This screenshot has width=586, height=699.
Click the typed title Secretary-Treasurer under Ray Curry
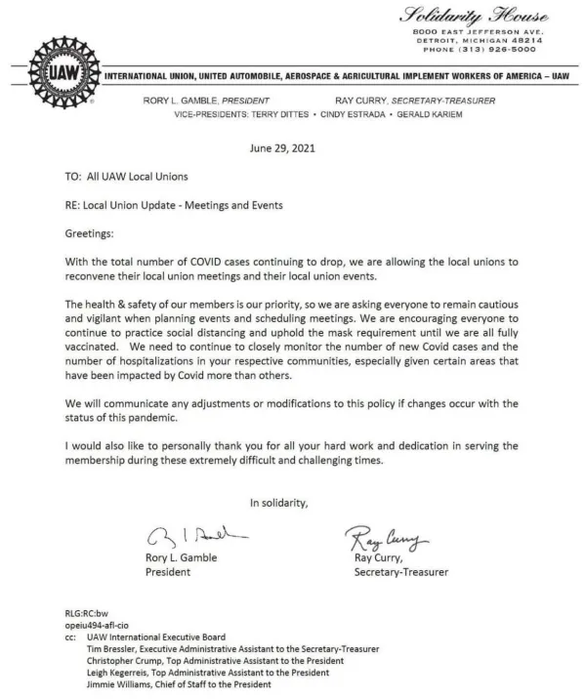401,572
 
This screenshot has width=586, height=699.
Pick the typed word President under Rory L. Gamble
167,572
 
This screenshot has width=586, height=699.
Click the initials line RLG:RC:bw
87,613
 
